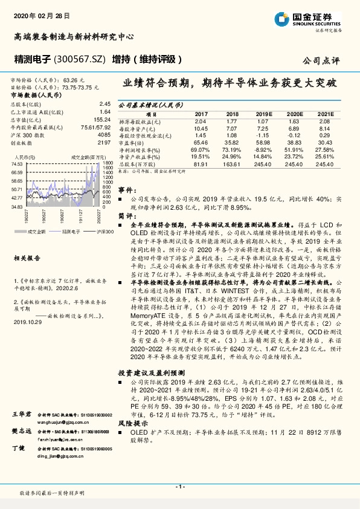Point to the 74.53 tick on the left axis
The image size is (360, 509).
(17, 164)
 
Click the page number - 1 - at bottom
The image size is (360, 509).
(179, 486)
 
